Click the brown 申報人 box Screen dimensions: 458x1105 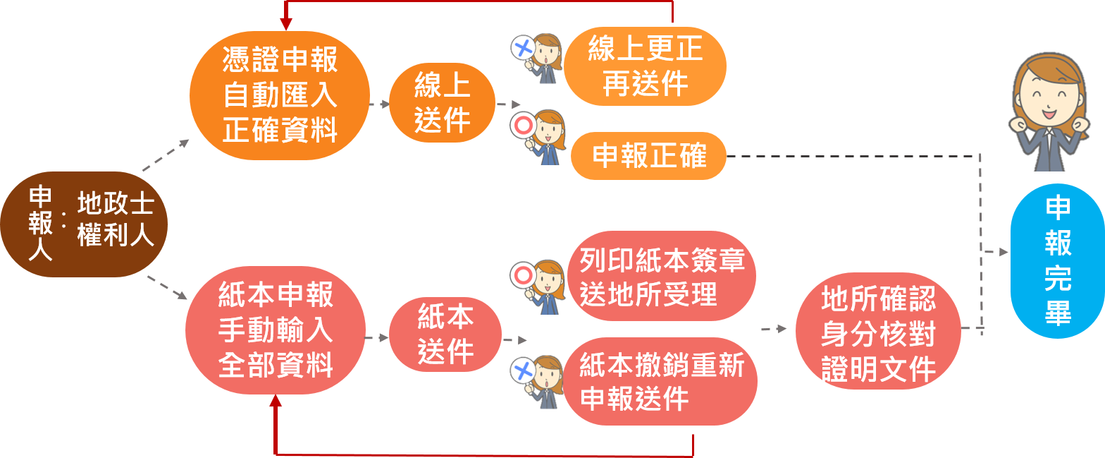tap(84, 224)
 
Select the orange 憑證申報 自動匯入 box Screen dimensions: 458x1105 tap(280, 95)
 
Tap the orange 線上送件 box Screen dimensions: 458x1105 tap(443, 104)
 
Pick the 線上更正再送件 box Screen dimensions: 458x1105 tap(645, 66)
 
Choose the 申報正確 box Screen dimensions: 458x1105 tap(648, 156)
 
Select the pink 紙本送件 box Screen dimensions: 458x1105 tap(445, 335)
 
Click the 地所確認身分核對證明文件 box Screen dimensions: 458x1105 tap(878, 330)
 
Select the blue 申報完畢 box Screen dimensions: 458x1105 tap(1057, 261)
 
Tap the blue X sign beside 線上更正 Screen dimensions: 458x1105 tap(523, 49)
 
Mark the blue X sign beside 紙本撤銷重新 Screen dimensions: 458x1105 tap(523, 370)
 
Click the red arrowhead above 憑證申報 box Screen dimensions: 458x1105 tap(285, 23)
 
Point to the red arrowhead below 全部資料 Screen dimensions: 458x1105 tap(276, 400)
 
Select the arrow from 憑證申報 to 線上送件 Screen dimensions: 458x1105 tap(380, 104)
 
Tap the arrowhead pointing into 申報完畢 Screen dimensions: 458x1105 tap(1004, 252)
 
